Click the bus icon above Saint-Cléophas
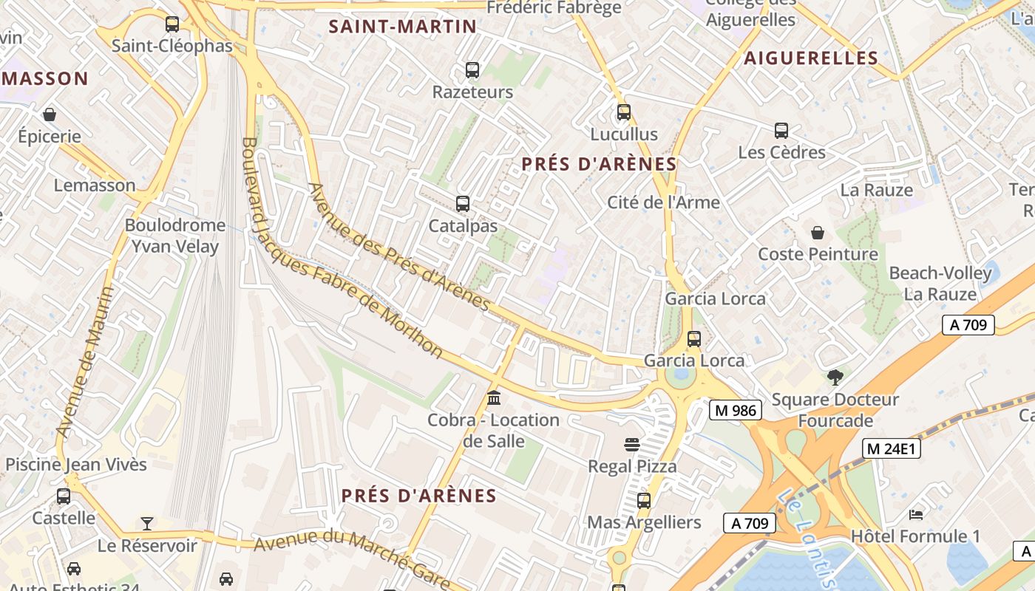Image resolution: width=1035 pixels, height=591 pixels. pyautogui.click(x=172, y=24)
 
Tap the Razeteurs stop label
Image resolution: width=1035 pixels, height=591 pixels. pyautogui.click(x=472, y=92)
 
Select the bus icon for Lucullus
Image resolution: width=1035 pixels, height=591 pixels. pyautogui.click(x=624, y=112)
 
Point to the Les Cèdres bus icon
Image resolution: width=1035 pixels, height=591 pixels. pyautogui.click(x=781, y=131)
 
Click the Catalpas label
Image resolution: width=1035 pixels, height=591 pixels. pyautogui.click(x=464, y=226)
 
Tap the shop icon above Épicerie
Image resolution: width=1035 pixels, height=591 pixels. pyautogui.click(x=50, y=115)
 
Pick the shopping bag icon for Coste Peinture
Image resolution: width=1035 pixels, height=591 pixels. pyautogui.click(x=818, y=233)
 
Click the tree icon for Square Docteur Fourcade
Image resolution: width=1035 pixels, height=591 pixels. pyautogui.click(x=835, y=378)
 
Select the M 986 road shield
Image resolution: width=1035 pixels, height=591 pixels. pyautogui.click(x=735, y=410)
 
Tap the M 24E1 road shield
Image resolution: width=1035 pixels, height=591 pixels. pyautogui.click(x=891, y=448)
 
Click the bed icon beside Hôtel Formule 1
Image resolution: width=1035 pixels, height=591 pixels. pyautogui.click(x=916, y=514)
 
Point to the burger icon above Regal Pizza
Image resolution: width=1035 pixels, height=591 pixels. pyautogui.click(x=631, y=445)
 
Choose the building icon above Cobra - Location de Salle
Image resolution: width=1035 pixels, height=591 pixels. pyautogui.click(x=494, y=399)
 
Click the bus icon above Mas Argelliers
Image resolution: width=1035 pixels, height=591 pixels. pyautogui.click(x=644, y=501)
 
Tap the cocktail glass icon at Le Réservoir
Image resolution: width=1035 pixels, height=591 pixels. pyautogui.click(x=147, y=524)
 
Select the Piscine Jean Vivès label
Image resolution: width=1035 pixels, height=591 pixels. pyautogui.click(x=76, y=465)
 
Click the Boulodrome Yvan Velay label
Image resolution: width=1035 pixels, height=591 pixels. pyautogui.click(x=175, y=236)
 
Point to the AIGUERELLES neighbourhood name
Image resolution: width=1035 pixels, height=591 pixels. pyautogui.click(x=811, y=58)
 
